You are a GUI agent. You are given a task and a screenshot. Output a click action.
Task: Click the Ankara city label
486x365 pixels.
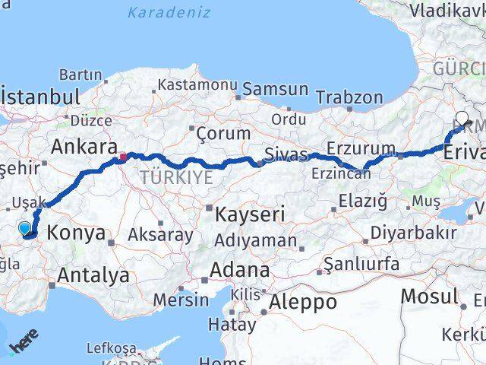pyautogui.click(x=84, y=147)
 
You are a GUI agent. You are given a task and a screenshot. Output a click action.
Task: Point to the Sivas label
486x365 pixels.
pyautogui.click(x=286, y=155)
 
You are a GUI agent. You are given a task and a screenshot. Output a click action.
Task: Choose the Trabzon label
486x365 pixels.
pyautogui.click(x=349, y=97)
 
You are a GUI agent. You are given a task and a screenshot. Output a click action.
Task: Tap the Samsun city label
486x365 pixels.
pyautogui.click(x=275, y=89)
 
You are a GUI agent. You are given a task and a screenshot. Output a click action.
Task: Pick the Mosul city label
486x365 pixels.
pyautogui.click(x=429, y=296)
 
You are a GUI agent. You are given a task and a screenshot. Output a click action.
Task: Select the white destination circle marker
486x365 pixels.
pyautogui.click(x=462, y=118)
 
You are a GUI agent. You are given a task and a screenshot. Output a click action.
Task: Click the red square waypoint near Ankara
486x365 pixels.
pyautogui.click(x=122, y=157)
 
